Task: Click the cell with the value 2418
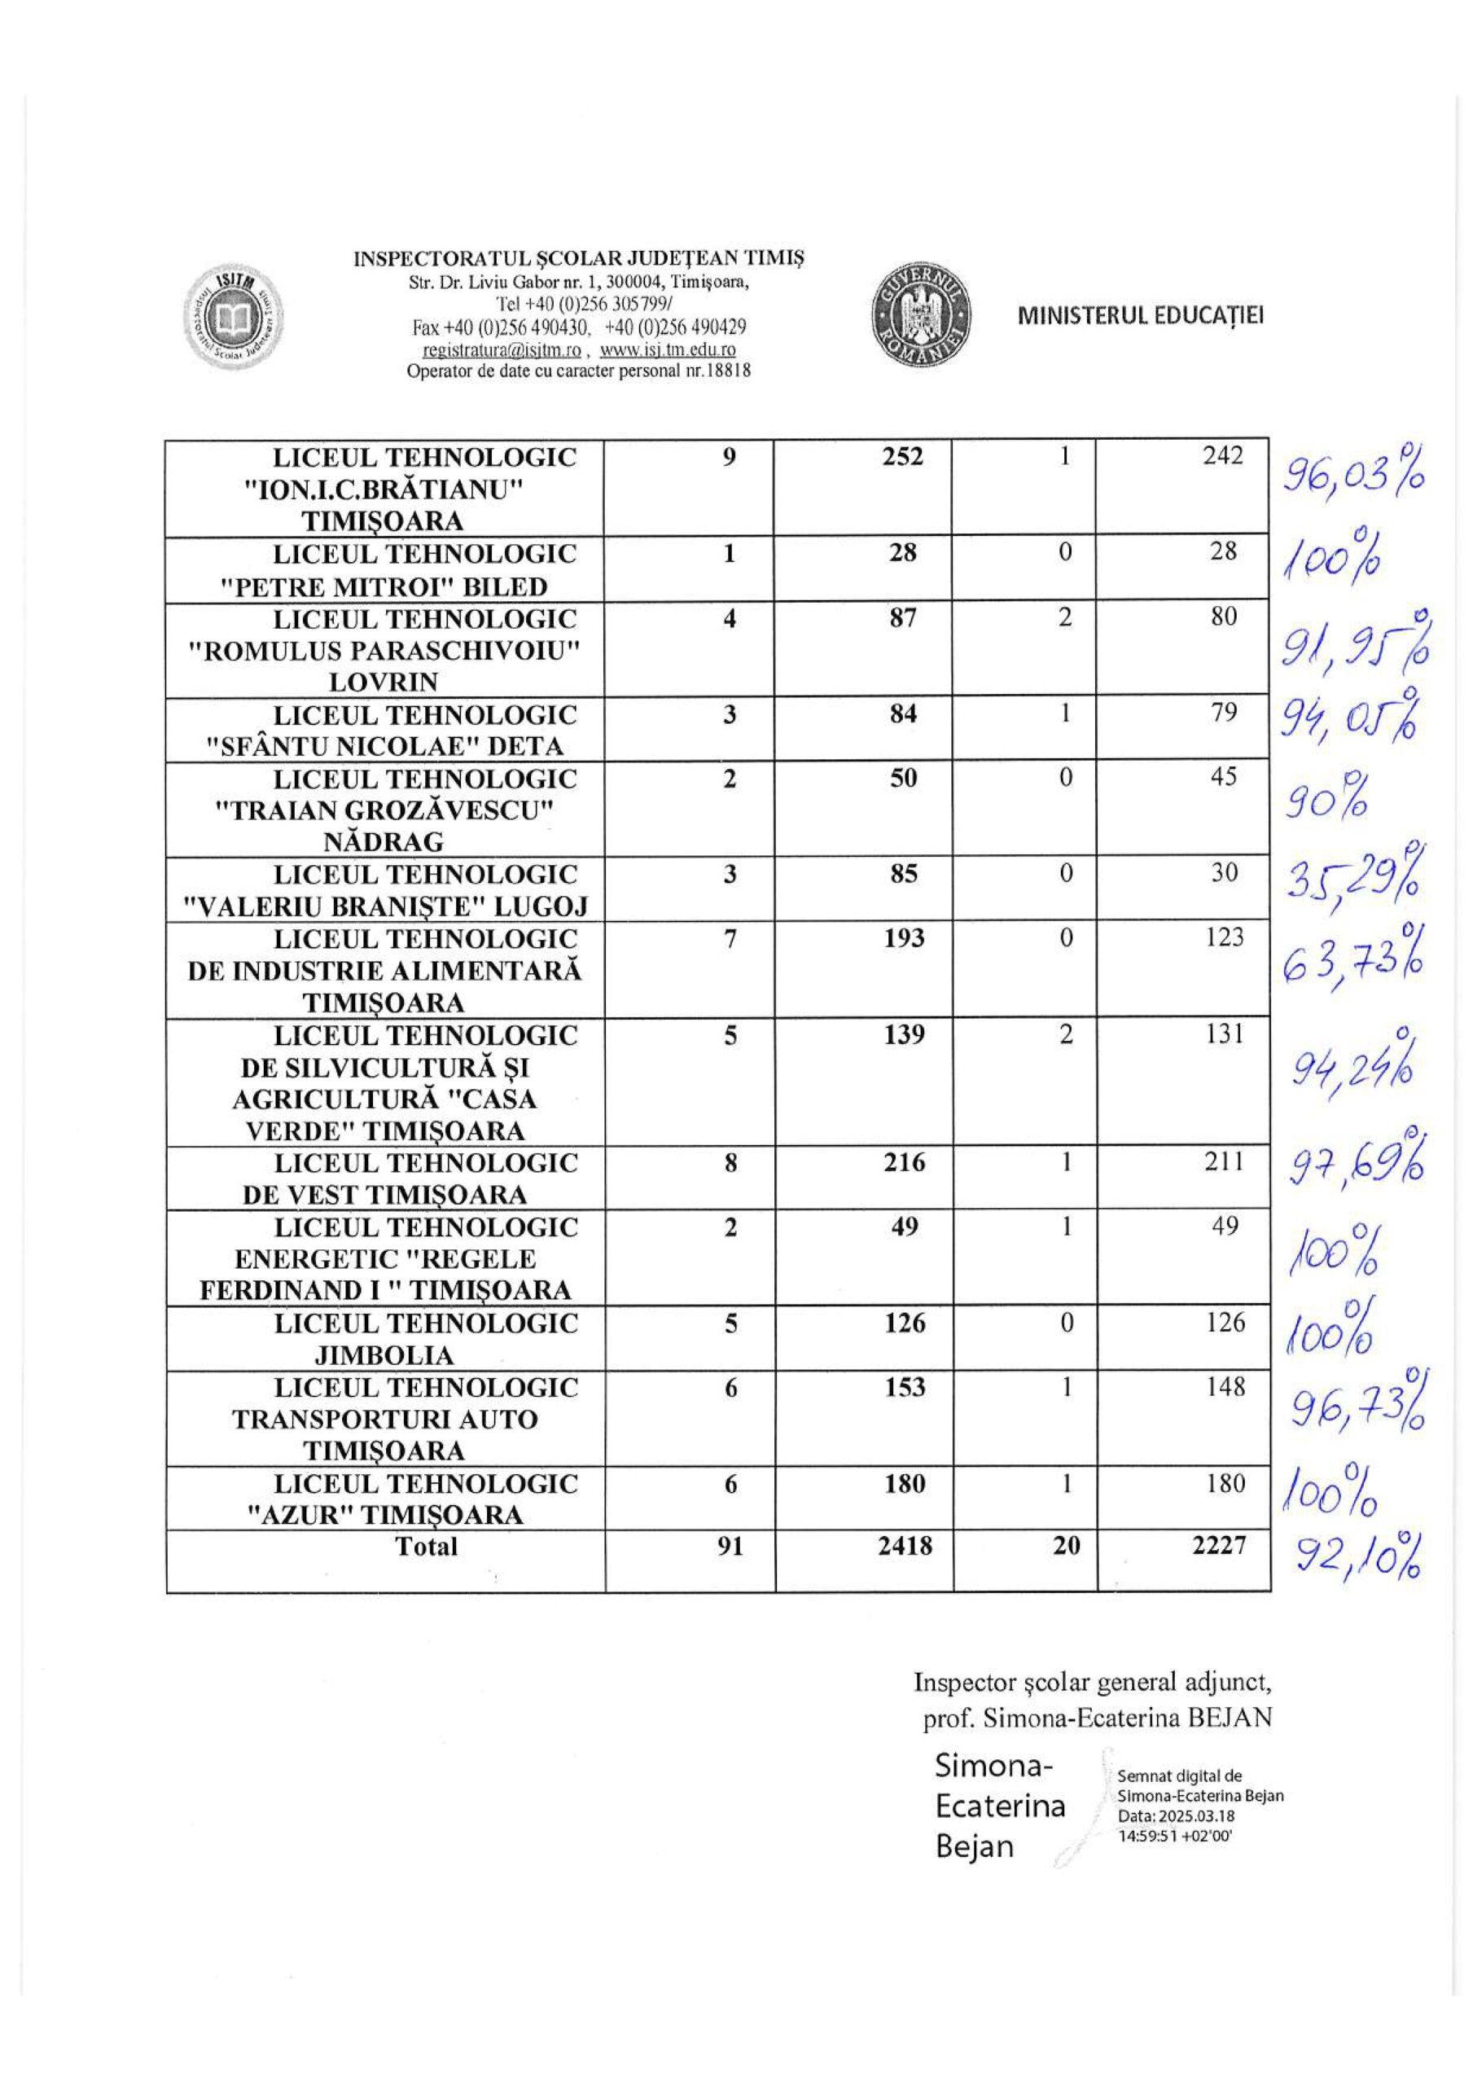click(x=905, y=1546)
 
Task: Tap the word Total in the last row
click(x=426, y=1546)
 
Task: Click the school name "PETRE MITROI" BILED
click(x=384, y=586)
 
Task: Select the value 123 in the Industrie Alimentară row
click(x=1223, y=937)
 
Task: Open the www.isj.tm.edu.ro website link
click(x=668, y=350)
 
